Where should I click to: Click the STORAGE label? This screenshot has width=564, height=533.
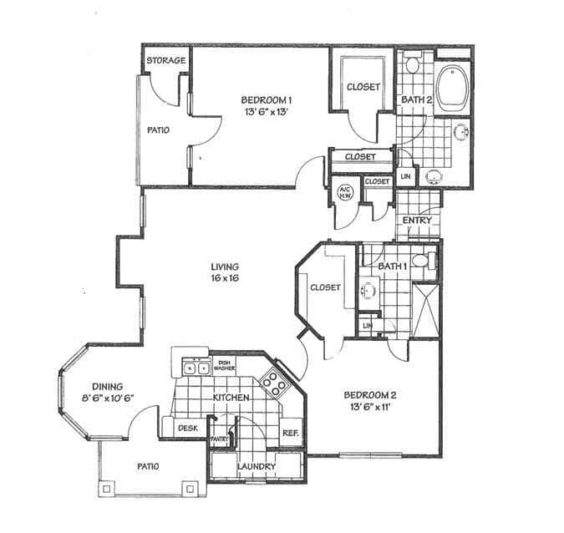pos(166,61)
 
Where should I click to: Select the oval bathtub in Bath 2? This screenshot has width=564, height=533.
pos(453,89)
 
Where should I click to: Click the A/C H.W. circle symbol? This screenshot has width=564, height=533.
pos(343,192)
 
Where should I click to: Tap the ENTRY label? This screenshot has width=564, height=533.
pos(417,220)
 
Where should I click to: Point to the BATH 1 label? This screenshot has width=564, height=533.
pos(392,266)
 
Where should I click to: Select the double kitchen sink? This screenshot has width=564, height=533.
pos(196,366)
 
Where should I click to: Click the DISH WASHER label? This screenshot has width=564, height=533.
pos(223,364)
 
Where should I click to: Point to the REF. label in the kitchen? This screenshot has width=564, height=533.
pos(291,433)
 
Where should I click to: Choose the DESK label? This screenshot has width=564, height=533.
pos(187,428)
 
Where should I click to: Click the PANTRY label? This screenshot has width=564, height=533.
pos(220,438)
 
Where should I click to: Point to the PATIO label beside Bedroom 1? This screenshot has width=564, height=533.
pos(158,130)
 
